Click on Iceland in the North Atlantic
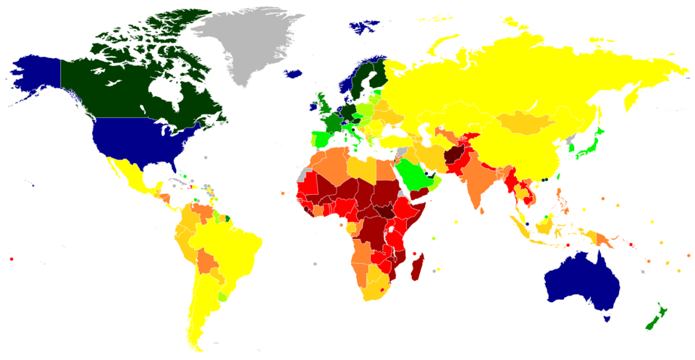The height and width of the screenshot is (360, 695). click(294, 73)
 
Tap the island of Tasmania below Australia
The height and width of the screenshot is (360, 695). click(607, 317)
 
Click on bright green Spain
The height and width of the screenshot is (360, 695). click(321, 138)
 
